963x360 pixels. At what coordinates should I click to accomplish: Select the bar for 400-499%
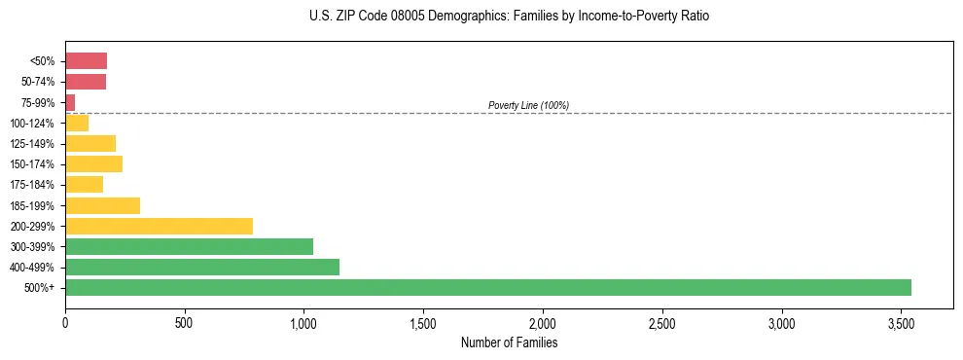(x=202, y=268)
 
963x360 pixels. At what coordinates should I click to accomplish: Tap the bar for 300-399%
(x=189, y=247)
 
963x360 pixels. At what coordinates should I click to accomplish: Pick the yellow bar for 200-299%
(x=159, y=227)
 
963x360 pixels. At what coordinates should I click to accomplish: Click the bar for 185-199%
(x=102, y=205)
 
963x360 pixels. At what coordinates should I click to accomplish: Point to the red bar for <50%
(x=86, y=61)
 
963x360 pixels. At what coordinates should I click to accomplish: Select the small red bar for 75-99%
(x=70, y=102)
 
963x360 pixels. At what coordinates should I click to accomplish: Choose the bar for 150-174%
(x=93, y=164)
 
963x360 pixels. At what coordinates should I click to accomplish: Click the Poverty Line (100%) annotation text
(x=528, y=105)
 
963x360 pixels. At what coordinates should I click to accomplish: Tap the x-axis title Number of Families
(x=509, y=342)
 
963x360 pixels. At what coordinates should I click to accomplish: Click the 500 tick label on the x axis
(x=185, y=322)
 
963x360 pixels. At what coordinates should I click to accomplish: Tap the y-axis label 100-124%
(x=33, y=124)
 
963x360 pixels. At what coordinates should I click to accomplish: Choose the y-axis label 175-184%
(x=33, y=185)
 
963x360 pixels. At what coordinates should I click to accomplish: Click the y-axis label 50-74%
(x=36, y=82)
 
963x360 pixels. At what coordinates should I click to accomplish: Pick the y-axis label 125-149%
(x=33, y=144)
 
